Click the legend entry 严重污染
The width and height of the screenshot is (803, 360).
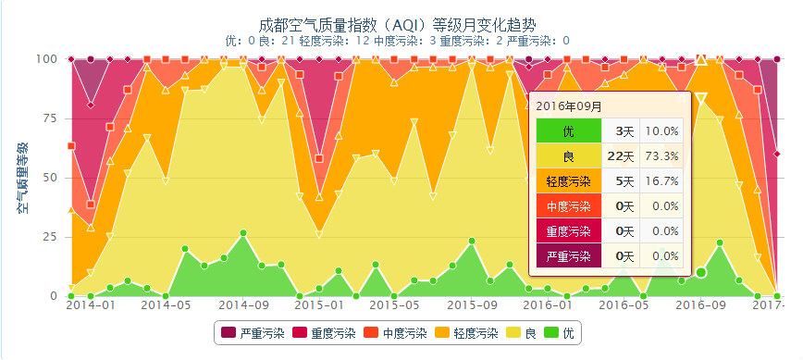point(253,333)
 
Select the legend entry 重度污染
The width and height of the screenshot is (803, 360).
point(324,333)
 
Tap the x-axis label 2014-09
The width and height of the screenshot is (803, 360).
point(242,305)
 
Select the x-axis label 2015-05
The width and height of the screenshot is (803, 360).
point(394,305)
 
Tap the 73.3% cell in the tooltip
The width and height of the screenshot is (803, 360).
point(661,156)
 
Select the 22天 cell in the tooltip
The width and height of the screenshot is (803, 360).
point(621,156)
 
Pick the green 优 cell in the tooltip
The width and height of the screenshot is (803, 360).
point(568,131)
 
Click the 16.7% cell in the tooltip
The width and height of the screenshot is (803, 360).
point(661,181)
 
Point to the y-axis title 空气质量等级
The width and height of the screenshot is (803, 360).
point(23,178)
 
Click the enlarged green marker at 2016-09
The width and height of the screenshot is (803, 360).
point(701,272)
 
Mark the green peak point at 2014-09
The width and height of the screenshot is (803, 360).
point(243,233)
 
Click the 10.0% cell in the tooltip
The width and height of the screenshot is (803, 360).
point(661,131)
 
